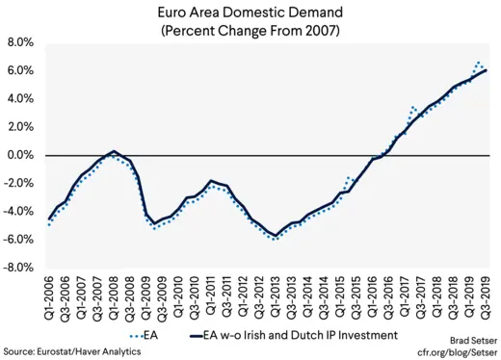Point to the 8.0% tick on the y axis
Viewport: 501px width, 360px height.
22,43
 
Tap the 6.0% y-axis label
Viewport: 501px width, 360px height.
22,71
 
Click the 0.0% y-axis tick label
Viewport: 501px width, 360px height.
22,155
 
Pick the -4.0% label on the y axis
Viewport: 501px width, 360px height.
20,211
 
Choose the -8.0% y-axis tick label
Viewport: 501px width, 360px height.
20,267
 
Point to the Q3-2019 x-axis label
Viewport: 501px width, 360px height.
488,298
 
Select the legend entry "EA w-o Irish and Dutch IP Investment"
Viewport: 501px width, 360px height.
290,336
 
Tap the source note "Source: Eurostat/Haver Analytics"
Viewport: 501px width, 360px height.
71,352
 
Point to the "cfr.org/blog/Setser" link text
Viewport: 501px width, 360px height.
452,352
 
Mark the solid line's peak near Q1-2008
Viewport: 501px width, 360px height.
115,151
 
